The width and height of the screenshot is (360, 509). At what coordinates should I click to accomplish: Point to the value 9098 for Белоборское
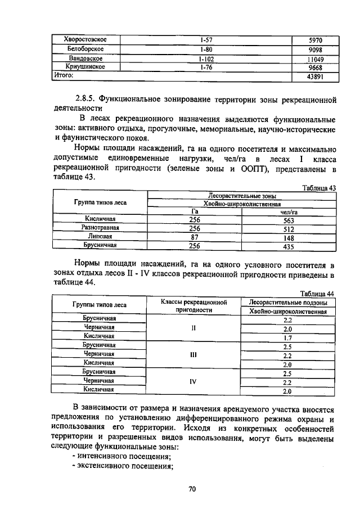point(315,49)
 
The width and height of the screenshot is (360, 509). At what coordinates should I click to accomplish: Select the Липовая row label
point(100,237)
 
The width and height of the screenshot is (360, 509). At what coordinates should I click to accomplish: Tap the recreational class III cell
point(193,355)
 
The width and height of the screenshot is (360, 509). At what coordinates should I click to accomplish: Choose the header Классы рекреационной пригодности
point(193,305)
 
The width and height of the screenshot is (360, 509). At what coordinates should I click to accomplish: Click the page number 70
point(191,489)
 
